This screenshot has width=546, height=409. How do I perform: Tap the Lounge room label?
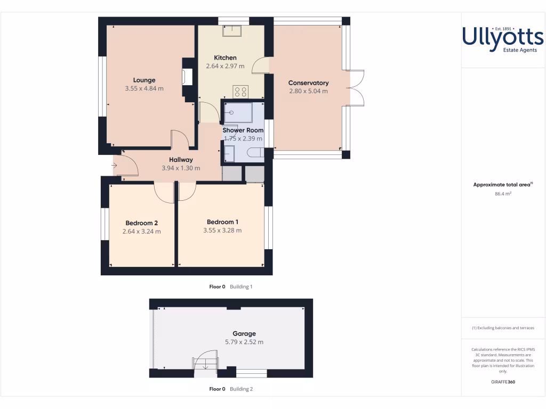pos(144,80)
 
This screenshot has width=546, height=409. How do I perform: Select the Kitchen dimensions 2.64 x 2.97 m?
pos(225,67)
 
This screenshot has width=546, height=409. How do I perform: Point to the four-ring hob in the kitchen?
pos(240,92)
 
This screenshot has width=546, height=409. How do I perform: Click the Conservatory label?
pos(308,83)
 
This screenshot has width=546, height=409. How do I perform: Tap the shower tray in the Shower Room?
pos(238,112)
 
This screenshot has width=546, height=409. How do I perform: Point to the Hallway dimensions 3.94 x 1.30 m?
pos(181,168)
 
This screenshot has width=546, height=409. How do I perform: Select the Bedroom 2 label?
pos(141,223)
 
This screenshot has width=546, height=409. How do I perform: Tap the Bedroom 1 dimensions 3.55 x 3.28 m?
pos(222,231)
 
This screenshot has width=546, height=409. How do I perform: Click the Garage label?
pos(244,334)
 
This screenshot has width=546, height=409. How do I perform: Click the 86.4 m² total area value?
pos(503,194)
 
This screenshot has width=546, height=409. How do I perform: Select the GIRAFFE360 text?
pos(503,382)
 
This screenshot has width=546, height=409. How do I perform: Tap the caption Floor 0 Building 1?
pos(230,287)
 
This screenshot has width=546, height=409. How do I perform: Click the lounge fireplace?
pos(188,78)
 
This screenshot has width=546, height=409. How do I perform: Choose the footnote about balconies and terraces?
pos(503,328)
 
